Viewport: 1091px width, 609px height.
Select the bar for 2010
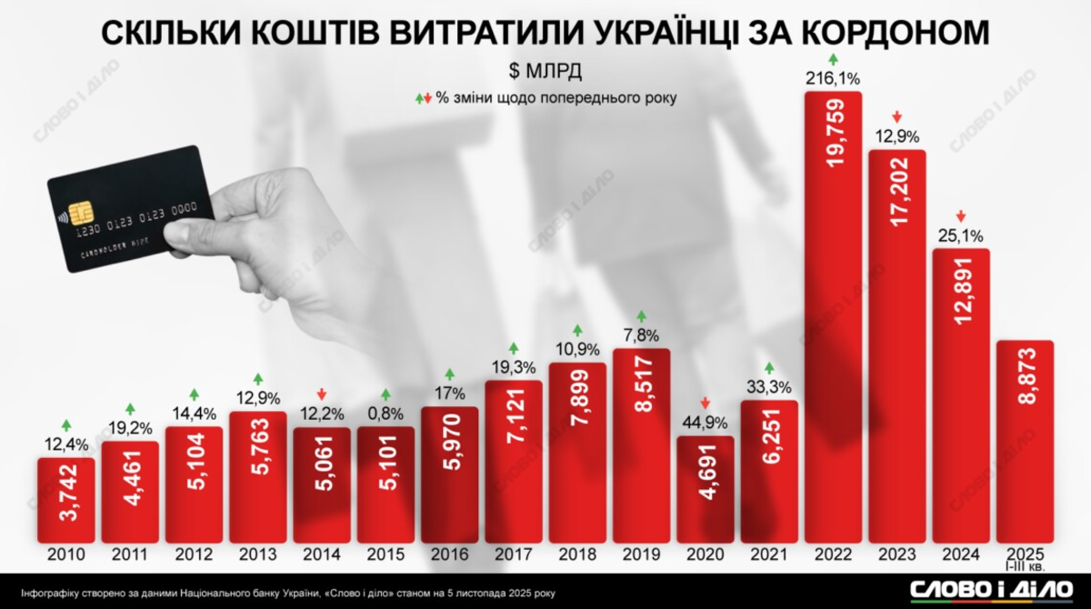pos(65,500)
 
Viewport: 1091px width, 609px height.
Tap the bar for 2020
pos(705,491)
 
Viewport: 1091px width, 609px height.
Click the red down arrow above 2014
pos(322,393)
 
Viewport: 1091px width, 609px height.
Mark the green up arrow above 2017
pos(514,348)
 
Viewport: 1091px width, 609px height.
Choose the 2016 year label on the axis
pos(450,555)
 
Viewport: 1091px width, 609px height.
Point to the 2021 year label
pos(769,555)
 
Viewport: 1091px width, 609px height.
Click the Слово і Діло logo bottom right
pos(986,589)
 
